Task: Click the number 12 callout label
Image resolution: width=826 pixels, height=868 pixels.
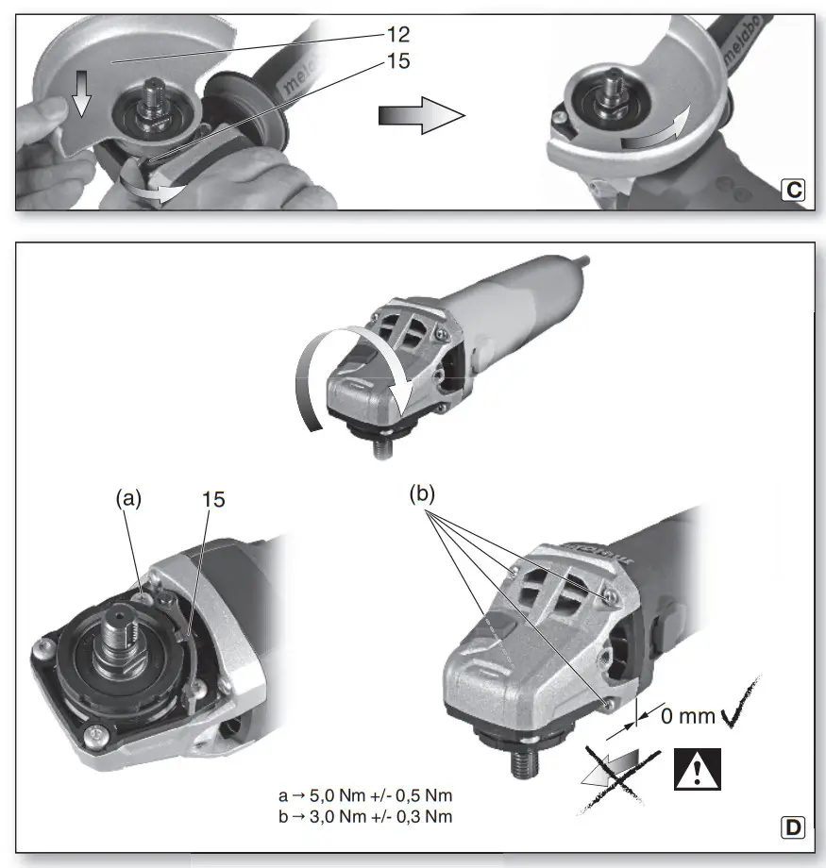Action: pyautogui.click(x=398, y=35)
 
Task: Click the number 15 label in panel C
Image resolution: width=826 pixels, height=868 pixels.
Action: pyautogui.click(x=398, y=64)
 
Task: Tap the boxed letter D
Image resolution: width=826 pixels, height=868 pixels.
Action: pyautogui.click(x=794, y=828)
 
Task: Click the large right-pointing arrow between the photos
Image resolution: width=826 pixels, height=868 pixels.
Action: pyautogui.click(x=421, y=116)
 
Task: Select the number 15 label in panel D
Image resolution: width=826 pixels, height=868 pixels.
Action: pyautogui.click(x=213, y=501)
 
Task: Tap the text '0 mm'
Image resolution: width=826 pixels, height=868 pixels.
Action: pyautogui.click(x=684, y=716)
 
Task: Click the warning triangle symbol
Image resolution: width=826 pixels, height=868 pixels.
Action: pyautogui.click(x=698, y=769)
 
